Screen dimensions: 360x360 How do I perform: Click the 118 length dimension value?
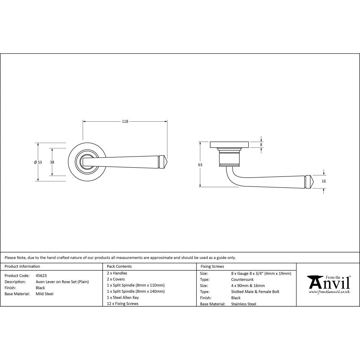click(x=125, y=122)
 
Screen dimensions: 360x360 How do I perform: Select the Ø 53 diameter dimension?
click(x=38, y=162)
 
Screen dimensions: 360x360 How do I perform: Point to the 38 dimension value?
click(x=52, y=162)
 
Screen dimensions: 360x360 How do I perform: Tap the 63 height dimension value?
click(x=200, y=165)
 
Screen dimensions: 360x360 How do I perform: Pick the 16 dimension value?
click(x=324, y=181)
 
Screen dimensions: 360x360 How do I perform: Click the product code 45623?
click(x=41, y=275)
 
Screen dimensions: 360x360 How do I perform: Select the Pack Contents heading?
click(x=120, y=266)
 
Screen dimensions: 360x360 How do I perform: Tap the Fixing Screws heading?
click(x=212, y=266)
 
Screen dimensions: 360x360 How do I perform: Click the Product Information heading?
click(x=22, y=266)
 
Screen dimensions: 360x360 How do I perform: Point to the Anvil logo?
click(x=328, y=283)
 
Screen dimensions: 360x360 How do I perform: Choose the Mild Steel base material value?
click(x=45, y=294)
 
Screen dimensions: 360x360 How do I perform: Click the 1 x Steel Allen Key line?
click(x=123, y=297)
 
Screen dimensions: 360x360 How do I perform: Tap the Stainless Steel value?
click(x=244, y=304)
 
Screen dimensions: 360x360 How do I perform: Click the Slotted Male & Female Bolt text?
click(x=255, y=292)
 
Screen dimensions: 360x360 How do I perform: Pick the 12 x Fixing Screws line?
click(x=123, y=303)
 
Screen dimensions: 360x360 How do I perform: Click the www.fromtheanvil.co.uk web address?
click(x=329, y=292)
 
